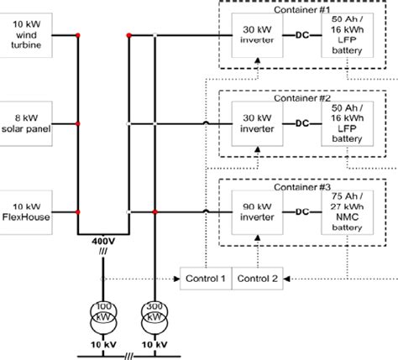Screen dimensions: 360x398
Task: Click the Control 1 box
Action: click(x=205, y=278)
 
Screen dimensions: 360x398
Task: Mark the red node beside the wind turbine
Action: click(x=77, y=35)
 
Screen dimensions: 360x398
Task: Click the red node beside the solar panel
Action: click(x=77, y=123)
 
